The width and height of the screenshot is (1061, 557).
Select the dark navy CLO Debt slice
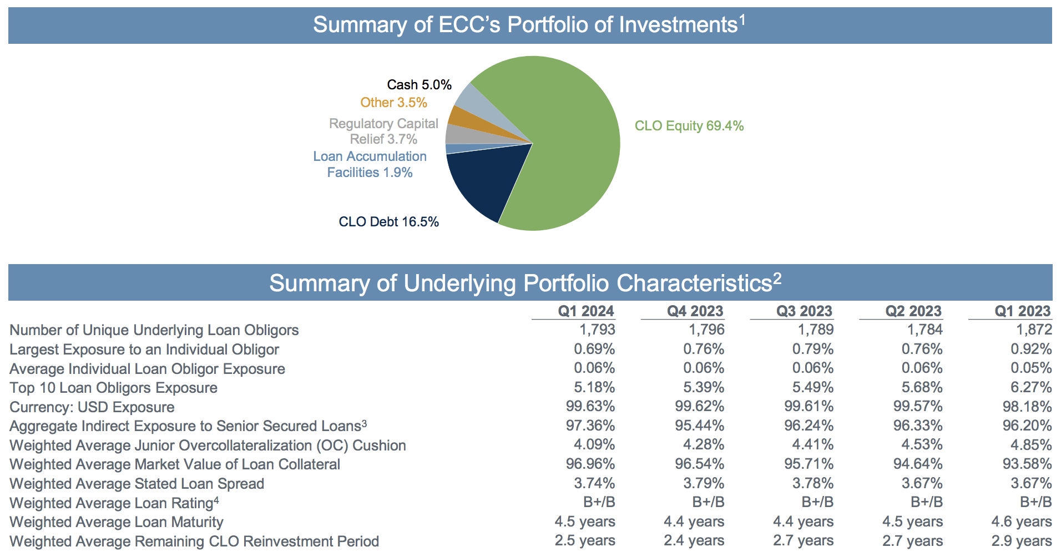pos(483,183)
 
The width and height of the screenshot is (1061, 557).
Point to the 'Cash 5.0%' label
pos(419,85)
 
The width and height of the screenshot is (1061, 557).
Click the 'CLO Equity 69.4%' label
pos(689,126)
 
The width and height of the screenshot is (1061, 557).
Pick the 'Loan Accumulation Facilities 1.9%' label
pos(370,164)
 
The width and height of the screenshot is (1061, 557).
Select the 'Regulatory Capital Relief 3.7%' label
pos(383,131)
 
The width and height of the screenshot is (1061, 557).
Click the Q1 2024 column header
pos(585,311)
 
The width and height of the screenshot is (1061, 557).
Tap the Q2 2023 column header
pos(913,311)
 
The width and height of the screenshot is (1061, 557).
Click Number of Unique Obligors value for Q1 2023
pos(1033,330)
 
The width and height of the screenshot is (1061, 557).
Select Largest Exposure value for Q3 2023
pos(812,349)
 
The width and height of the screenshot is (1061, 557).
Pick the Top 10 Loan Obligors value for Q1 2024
pos(594,387)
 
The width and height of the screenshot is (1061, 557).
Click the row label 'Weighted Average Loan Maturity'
pos(117,522)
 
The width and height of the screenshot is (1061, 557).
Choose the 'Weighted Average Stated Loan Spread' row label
pos(137,484)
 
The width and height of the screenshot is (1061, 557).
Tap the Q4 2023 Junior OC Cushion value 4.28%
pos(703,444)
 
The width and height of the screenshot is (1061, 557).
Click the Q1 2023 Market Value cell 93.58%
pos(1027,464)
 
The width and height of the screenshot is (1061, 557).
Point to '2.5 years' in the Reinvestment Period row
pos(584,540)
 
